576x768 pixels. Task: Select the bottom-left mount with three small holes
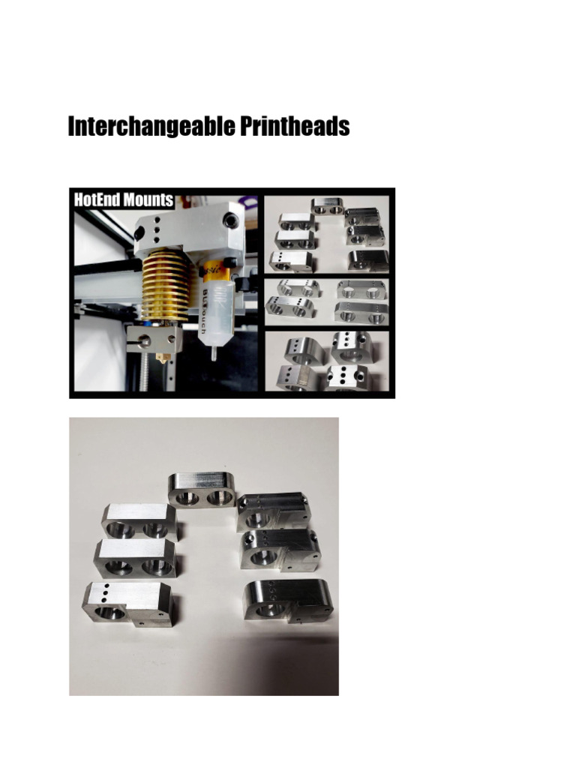coord(128,604)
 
